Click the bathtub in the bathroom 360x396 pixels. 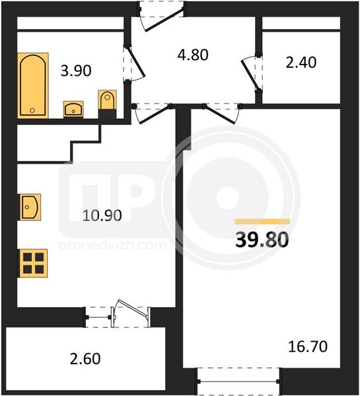pyautogui.click(x=33, y=85)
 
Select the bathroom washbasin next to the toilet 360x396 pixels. pyautogui.click(x=73, y=109)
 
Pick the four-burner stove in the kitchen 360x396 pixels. pyautogui.click(x=33, y=263)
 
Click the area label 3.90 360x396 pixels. pyautogui.click(x=76, y=71)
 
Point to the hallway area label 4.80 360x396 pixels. pyautogui.click(x=193, y=55)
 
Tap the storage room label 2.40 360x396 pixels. pyautogui.click(x=301, y=63)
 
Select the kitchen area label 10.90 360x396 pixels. pyautogui.click(x=102, y=216)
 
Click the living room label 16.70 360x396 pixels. pyautogui.click(x=308, y=346)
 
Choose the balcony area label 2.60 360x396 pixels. pyautogui.click(x=85, y=359)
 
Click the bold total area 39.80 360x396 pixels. pyautogui.click(x=262, y=240)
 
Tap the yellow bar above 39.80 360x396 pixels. pyautogui.click(x=262, y=222)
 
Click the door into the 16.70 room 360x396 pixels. pyautogui.click(x=221, y=114)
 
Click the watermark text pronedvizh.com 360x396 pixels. pyautogui.click(x=113, y=246)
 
